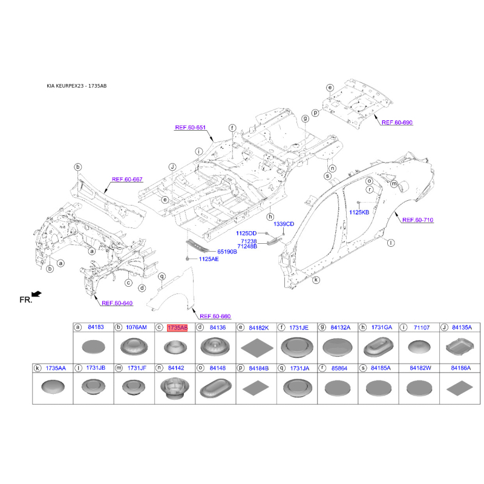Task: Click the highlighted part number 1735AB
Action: (177, 327)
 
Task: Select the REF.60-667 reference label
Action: (127, 179)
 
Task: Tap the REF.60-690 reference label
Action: (397, 123)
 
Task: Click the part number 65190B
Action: (227, 252)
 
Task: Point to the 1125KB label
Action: (359, 212)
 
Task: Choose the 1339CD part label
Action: (284, 224)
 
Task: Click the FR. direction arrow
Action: (37, 293)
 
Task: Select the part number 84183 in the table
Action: (96, 327)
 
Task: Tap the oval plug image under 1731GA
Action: (379, 347)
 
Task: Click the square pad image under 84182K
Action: (257, 347)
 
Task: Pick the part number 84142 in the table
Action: (176, 368)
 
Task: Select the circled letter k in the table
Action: (38, 368)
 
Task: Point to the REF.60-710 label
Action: (417, 220)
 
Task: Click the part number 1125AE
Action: (209, 259)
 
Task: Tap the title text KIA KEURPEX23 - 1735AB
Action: (77, 86)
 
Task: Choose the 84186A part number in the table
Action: (461, 368)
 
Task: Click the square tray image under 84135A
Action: (460, 347)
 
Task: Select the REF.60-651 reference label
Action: (190, 128)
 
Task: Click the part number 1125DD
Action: (246, 234)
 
